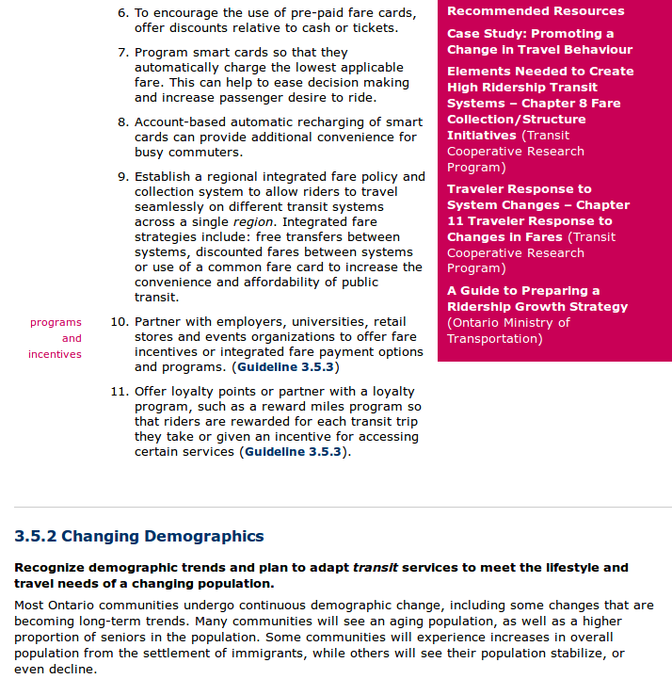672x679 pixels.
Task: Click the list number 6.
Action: point(122,13)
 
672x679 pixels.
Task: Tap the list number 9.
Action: point(122,177)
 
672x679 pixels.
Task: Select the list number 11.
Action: point(119,392)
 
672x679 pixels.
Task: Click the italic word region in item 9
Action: point(253,222)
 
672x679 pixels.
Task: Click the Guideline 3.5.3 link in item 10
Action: point(286,367)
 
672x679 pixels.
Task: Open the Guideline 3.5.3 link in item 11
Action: point(295,452)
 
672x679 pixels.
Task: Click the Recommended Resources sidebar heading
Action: point(536,11)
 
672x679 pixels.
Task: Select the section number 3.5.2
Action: point(36,537)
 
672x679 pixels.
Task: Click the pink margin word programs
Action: point(56,323)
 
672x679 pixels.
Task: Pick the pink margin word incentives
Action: point(55,355)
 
